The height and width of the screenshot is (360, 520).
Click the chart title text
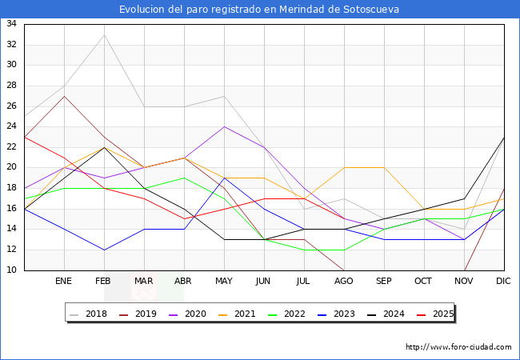point(259,10)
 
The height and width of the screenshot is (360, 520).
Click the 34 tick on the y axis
point(12,24)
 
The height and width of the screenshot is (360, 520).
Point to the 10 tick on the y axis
point(12,270)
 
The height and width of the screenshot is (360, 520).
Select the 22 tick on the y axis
point(12,147)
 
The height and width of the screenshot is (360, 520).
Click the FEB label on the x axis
point(103,282)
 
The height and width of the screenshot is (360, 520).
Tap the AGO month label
point(344,282)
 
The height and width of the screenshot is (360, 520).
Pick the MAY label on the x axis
point(224,282)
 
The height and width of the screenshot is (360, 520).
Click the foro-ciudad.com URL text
point(458,347)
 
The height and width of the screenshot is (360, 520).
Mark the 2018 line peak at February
point(104,34)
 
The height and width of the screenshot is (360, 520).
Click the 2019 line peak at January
point(64,96)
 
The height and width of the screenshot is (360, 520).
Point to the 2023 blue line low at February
point(104,250)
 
